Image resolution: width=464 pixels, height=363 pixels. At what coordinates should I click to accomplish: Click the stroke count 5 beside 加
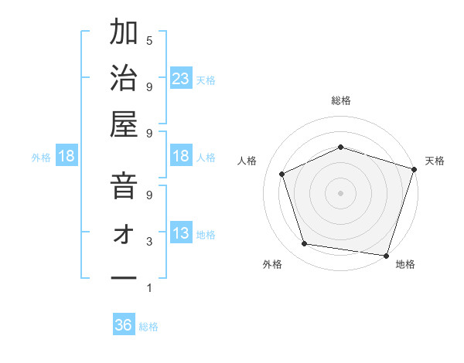coord(149,40)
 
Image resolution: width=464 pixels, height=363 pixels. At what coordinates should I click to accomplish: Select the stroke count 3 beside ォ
coord(149,241)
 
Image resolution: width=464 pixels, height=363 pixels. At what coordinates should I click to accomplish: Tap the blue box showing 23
coord(181,78)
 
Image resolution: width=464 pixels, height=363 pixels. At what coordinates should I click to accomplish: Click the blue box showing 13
coord(181,233)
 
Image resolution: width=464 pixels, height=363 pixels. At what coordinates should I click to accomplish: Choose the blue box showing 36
coord(124,325)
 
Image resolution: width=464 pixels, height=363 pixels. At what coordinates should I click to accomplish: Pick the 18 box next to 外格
coord(67,157)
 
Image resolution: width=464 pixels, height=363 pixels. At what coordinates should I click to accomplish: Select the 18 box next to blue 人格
coord(181,156)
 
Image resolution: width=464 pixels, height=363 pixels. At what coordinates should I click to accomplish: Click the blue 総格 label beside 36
coord(148,327)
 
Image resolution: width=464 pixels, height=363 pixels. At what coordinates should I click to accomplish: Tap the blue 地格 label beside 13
coord(206,234)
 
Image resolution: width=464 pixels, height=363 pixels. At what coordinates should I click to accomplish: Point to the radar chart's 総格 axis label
coord(340,100)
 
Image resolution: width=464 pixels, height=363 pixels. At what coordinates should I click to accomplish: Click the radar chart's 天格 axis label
coord(435,161)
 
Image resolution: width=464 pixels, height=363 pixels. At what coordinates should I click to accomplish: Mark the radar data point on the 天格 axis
coord(415,168)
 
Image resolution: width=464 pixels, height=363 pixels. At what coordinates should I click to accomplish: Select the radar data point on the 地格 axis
coord(386,255)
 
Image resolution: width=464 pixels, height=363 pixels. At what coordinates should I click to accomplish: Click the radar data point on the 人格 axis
coord(282,174)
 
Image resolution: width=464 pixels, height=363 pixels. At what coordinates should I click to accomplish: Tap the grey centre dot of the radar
coord(340,192)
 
